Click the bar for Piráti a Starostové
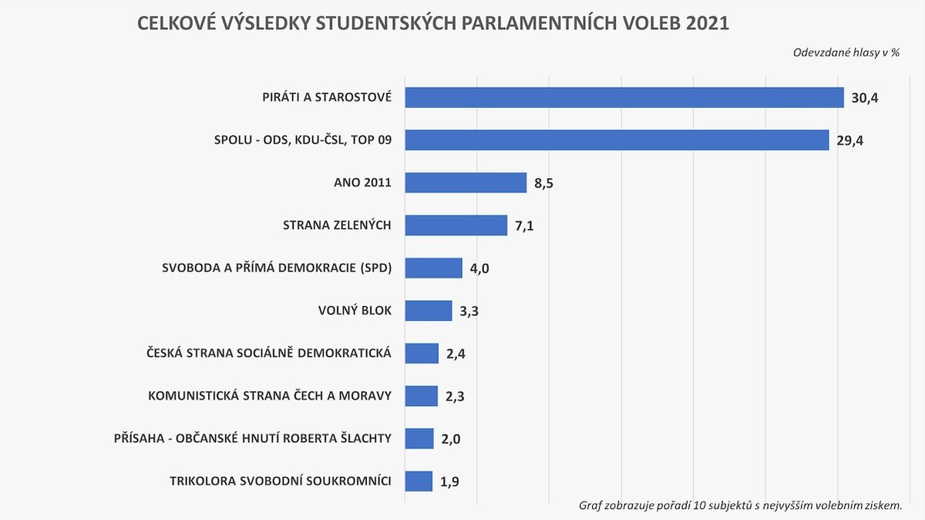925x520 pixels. (x=624, y=97)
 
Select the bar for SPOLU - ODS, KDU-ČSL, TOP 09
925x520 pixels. (x=617, y=140)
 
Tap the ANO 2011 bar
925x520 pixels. (x=465, y=183)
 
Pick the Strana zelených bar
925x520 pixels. (x=456, y=225)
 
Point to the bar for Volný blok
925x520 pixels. (x=428, y=311)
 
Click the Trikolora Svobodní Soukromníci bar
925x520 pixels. (x=419, y=481)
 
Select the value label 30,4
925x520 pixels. (x=865, y=98)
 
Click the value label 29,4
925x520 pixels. (x=849, y=140)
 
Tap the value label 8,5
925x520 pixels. (x=544, y=184)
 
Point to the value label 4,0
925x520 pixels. (x=480, y=268)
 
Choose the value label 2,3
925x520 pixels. (x=456, y=397)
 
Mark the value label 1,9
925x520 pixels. (x=450, y=482)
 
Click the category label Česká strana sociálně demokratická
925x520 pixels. (x=269, y=353)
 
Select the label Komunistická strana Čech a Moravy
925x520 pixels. (x=270, y=396)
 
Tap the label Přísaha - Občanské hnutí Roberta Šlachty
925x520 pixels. (x=252, y=438)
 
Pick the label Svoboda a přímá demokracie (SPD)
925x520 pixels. (x=277, y=268)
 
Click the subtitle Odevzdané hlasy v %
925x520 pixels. (x=846, y=52)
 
